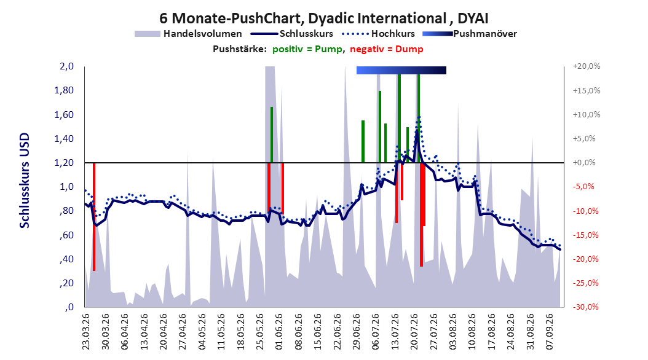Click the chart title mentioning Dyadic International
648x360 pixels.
(324, 18)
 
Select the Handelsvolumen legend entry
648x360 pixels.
(189, 34)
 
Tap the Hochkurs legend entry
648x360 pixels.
(379, 34)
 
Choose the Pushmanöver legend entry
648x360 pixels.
(470, 34)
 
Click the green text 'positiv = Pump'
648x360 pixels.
(307, 49)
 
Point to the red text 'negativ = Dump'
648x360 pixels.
(387, 49)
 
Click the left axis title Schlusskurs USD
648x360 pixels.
(25, 181)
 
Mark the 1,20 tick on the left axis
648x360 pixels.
(64, 163)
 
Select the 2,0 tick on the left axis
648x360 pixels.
(66, 66)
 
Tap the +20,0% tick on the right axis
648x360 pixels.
(587, 66)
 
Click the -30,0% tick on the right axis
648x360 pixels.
(585, 307)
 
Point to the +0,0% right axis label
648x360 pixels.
(584, 163)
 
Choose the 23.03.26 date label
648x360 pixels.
(86, 332)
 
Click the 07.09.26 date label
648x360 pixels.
(550, 332)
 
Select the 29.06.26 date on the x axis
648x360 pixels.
(357, 332)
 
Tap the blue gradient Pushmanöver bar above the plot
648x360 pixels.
(401, 70)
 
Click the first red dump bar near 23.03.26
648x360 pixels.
(94, 217)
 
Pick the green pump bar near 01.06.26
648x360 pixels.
(272, 135)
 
